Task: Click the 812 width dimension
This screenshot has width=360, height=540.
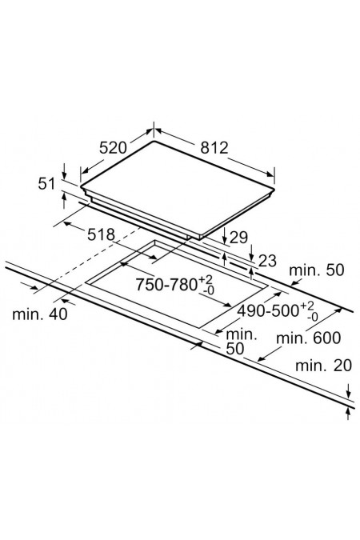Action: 214,148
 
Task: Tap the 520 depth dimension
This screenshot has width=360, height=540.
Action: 113,148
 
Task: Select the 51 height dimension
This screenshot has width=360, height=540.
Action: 46,183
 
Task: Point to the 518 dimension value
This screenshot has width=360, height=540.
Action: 101,235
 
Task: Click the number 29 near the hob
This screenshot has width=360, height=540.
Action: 238,238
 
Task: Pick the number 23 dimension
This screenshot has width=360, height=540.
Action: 267,261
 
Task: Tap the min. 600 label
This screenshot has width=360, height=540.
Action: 308,338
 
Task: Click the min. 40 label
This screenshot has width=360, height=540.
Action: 40,314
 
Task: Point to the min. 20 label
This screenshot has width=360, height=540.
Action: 323,366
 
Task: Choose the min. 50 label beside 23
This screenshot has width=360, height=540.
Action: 317,270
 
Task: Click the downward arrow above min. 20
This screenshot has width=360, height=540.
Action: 349,391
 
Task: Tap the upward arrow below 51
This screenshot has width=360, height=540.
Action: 64,201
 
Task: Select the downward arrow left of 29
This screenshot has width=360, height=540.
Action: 224,235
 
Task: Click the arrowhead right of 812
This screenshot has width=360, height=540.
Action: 271,174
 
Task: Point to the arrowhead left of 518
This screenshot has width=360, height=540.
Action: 67,224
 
